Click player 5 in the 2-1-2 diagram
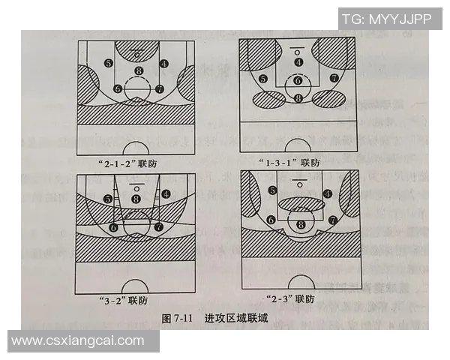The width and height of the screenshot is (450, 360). [109, 64]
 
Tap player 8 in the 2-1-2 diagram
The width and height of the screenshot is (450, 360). [137, 71]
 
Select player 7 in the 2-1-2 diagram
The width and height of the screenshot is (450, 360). [159, 88]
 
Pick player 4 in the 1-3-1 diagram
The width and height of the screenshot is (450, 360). [298, 62]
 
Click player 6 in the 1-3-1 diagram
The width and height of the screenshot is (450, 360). [298, 80]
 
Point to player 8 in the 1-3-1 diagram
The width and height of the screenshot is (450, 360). [298, 97]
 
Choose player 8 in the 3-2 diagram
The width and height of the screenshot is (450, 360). [136, 199]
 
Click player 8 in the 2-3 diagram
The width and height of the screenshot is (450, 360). [301, 223]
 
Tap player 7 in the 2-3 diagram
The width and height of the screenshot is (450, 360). [332, 220]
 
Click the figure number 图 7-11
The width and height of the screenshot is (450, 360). [179, 319]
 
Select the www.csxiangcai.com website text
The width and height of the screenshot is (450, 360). [78, 341]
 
